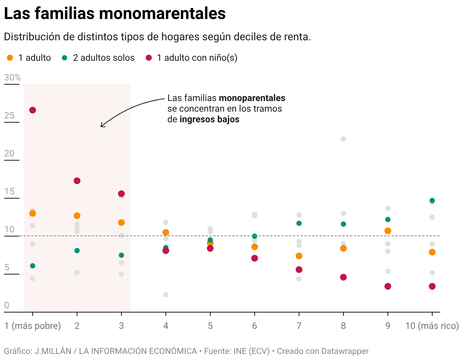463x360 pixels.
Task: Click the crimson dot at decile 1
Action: tap(33, 110)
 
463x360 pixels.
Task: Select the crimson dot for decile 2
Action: tap(77, 181)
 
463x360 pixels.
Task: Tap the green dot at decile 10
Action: tap(432, 201)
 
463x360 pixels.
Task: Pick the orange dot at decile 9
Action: tap(388, 231)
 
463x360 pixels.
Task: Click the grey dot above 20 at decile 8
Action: tap(343, 139)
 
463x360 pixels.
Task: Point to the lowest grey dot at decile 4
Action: tap(166, 295)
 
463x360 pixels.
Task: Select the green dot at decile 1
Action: tap(33, 266)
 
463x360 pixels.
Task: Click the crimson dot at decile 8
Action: tap(343, 277)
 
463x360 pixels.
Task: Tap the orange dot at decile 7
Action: tap(299, 256)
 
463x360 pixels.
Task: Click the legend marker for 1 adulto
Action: tap(10, 58)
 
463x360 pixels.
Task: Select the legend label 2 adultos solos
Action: tap(104, 58)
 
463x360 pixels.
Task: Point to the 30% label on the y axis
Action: tap(13, 78)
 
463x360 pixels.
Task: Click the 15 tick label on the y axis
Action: tap(9, 192)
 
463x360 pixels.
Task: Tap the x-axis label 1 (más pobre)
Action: tap(33, 326)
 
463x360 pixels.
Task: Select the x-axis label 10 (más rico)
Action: tap(432, 326)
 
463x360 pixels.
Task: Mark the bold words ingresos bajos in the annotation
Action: tap(209, 119)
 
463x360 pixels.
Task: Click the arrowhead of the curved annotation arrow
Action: tap(101, 126)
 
